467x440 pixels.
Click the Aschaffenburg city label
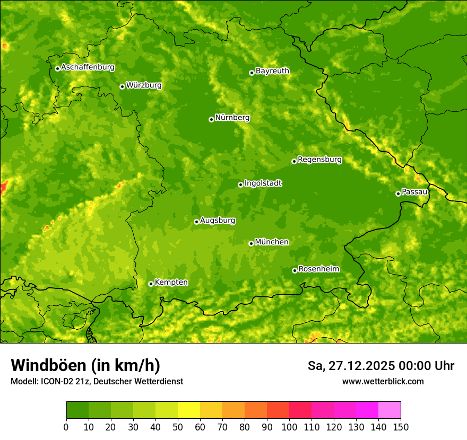pos(88,67)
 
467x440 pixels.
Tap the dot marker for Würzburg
pos(122,86)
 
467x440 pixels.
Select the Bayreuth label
pos(272,71)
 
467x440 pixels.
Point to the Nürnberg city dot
pos(211,119)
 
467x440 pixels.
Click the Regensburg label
pos(319,159)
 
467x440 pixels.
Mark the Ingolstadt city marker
pos(240,184)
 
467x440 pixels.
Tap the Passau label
pos(414,191)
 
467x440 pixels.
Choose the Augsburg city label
pos(218,220)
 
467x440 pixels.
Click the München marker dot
pos(251,243)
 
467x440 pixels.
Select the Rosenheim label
pos(318,269)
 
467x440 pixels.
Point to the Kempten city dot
pos(151,284)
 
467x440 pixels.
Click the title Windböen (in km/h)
pos(85,365)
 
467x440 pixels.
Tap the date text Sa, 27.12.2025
pos(350,366)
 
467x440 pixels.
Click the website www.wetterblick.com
pos(383,381)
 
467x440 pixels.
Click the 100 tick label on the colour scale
pos(289,427)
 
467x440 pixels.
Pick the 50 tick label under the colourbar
pos(178,427)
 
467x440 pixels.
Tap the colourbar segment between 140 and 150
pos(390,410)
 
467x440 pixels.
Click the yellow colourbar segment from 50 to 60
pos(189,410)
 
